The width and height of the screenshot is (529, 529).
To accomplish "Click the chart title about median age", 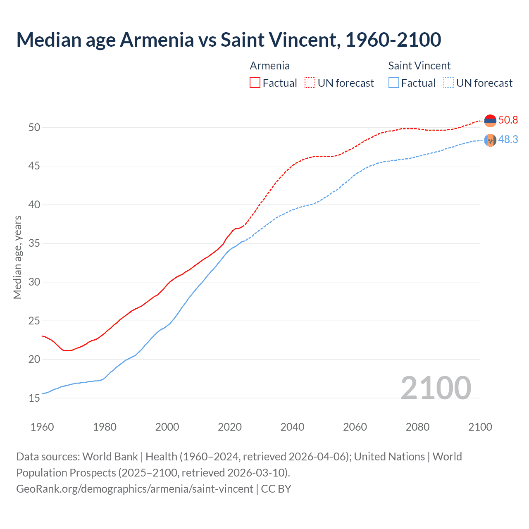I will coord(229,40).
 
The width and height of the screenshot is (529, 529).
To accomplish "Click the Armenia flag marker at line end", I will coord(490,121).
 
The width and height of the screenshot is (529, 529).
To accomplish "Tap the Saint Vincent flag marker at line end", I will coord(490,141).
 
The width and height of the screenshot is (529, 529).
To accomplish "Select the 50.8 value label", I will coord(508,120).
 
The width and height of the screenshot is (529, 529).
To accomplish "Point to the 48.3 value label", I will coord(508,140).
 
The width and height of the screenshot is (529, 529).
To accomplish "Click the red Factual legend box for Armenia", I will coord(255,83).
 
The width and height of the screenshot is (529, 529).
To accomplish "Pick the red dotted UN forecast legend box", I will coord(310,83).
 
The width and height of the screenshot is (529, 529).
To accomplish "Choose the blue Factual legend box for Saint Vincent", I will coord(394,83).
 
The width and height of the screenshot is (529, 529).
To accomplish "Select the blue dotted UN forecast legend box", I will coord(448,83).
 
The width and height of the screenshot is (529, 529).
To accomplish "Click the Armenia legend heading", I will coord(270,66).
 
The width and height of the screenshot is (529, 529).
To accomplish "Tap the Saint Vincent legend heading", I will coord(419,66).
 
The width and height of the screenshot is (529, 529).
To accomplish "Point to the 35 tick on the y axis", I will coord(34,243).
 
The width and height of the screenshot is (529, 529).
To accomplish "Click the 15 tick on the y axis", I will coord(34,398).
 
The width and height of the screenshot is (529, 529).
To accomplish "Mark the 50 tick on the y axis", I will coord(34,127).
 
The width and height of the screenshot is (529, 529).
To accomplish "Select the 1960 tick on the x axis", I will coord(42,427).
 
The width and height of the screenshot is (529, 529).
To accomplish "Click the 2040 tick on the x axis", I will coord(292,427).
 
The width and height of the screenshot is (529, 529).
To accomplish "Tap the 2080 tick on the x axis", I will coord(417,427).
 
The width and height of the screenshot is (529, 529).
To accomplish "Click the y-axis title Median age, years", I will coord(17,257).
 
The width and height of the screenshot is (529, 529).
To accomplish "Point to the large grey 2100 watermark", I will coord(436,388).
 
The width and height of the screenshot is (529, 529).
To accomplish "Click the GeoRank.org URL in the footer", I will coord(135,489).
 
